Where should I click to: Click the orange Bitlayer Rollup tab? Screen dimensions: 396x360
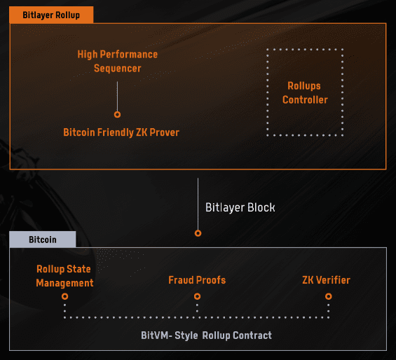51,15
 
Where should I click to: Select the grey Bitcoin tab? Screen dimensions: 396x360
43,240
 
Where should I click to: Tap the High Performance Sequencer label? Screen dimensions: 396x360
118,62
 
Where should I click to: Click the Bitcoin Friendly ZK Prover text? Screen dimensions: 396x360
121,132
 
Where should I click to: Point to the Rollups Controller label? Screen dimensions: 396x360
305,92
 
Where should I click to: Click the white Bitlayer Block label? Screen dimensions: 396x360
240,207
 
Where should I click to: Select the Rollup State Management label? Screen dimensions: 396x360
64,276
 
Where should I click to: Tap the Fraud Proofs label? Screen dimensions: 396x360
197,280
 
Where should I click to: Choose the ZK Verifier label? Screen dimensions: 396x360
326,280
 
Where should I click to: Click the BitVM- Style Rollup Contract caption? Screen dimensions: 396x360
206,335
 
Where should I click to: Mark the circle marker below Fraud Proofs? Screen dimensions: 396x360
197,296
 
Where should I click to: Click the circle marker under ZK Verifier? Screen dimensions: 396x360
328,296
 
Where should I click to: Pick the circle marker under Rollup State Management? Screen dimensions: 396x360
65,296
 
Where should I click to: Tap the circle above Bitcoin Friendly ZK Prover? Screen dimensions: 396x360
117,115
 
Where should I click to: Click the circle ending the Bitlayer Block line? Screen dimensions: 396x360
198,233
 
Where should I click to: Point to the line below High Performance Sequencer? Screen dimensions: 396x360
117,96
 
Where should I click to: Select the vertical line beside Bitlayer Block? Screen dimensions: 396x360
198,204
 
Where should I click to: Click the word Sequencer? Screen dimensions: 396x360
118,69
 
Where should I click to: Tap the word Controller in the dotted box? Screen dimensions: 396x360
305,99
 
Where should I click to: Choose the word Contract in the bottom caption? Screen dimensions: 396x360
252,335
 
